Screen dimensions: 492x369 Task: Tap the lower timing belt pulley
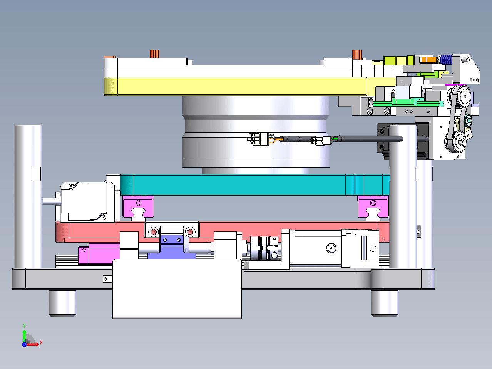(460, 141)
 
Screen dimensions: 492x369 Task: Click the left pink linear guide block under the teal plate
(138, 206)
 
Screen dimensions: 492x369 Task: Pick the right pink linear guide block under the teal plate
(373, 206)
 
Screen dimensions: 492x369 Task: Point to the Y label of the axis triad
(24, 326)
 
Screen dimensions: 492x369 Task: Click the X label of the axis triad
(41, 342)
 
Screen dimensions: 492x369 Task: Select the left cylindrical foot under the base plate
(62, 304)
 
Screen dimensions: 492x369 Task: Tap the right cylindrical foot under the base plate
(385, 304)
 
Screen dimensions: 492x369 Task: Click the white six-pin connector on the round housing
(258, 139)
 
